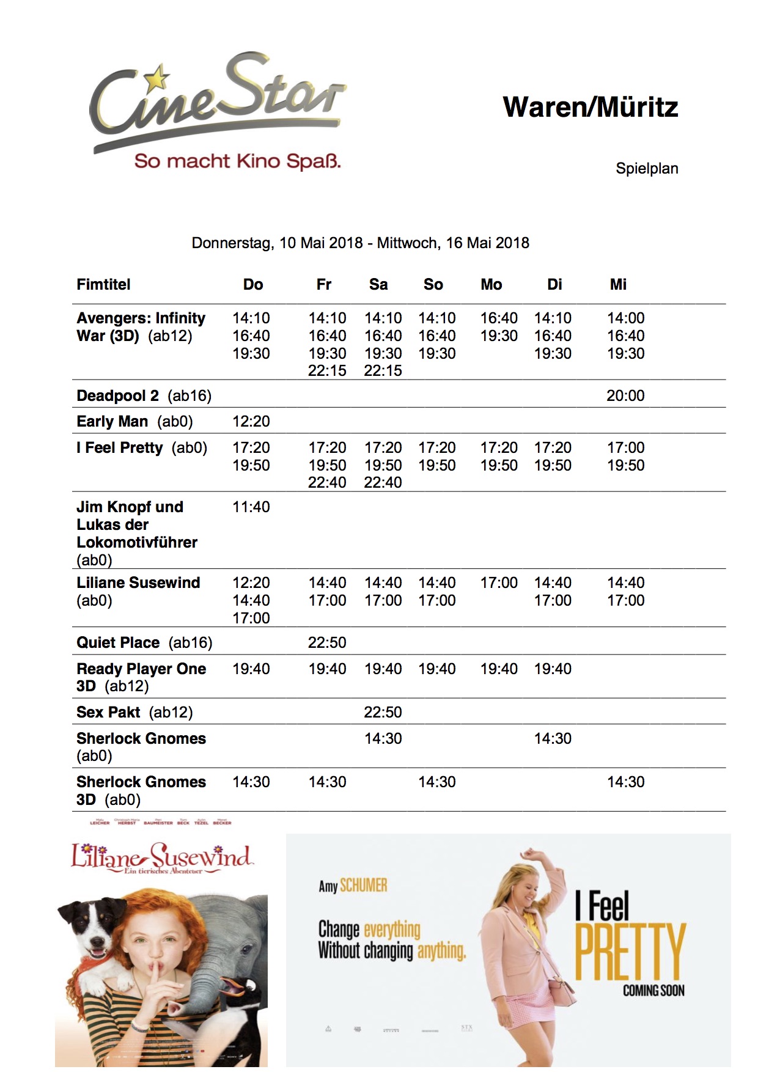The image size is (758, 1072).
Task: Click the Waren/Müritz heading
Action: (590, 108)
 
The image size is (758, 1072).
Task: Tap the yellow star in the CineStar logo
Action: (158, 78)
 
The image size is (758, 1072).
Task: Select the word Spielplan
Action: (647, 169)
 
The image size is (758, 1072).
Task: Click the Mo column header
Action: (491, 285)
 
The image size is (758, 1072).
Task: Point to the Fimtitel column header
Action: (103, 285)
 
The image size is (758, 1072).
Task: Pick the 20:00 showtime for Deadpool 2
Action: (625, 396)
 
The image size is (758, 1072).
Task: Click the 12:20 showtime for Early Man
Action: (251, 422)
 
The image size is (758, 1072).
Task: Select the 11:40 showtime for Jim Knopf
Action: (251, 507)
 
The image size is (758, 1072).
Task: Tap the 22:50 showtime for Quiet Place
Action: (327, 643)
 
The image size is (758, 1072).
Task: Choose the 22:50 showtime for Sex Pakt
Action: (383, 713)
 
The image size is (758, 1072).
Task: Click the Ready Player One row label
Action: (141, 677)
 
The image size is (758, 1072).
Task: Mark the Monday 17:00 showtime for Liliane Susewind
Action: (499, 583)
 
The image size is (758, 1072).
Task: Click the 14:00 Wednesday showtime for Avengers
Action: (625, 318)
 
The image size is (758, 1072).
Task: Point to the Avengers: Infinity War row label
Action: (141, 327)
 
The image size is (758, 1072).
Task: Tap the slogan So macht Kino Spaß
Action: (237, 161)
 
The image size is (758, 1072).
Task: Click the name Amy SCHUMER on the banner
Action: (353, 886)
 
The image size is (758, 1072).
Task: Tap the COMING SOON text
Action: (653, 991)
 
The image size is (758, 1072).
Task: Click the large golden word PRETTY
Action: (630, 951)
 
